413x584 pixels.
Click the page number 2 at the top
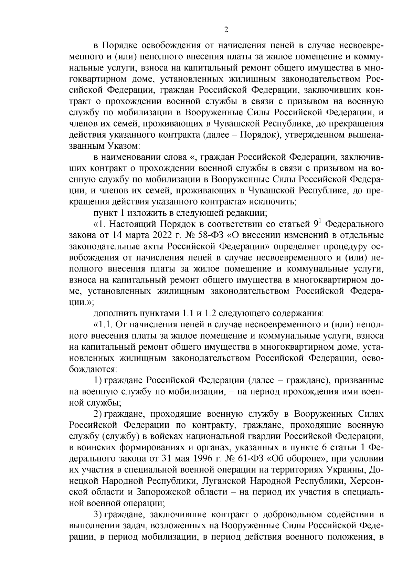click(x=226, y=30)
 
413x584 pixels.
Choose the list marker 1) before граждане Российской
click(x=98, y=381)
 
